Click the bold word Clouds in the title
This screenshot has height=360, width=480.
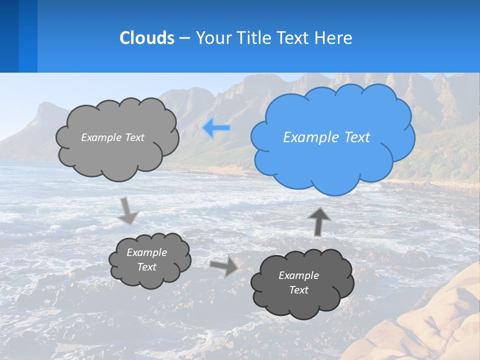[147, 38]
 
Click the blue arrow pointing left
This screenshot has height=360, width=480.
[216, 128]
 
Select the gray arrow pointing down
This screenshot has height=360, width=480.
[128, 211]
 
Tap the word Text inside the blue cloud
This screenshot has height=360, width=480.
[355, 137]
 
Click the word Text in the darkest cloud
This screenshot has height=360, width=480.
[298, 290]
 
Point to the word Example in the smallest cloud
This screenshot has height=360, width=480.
[147, 252]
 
